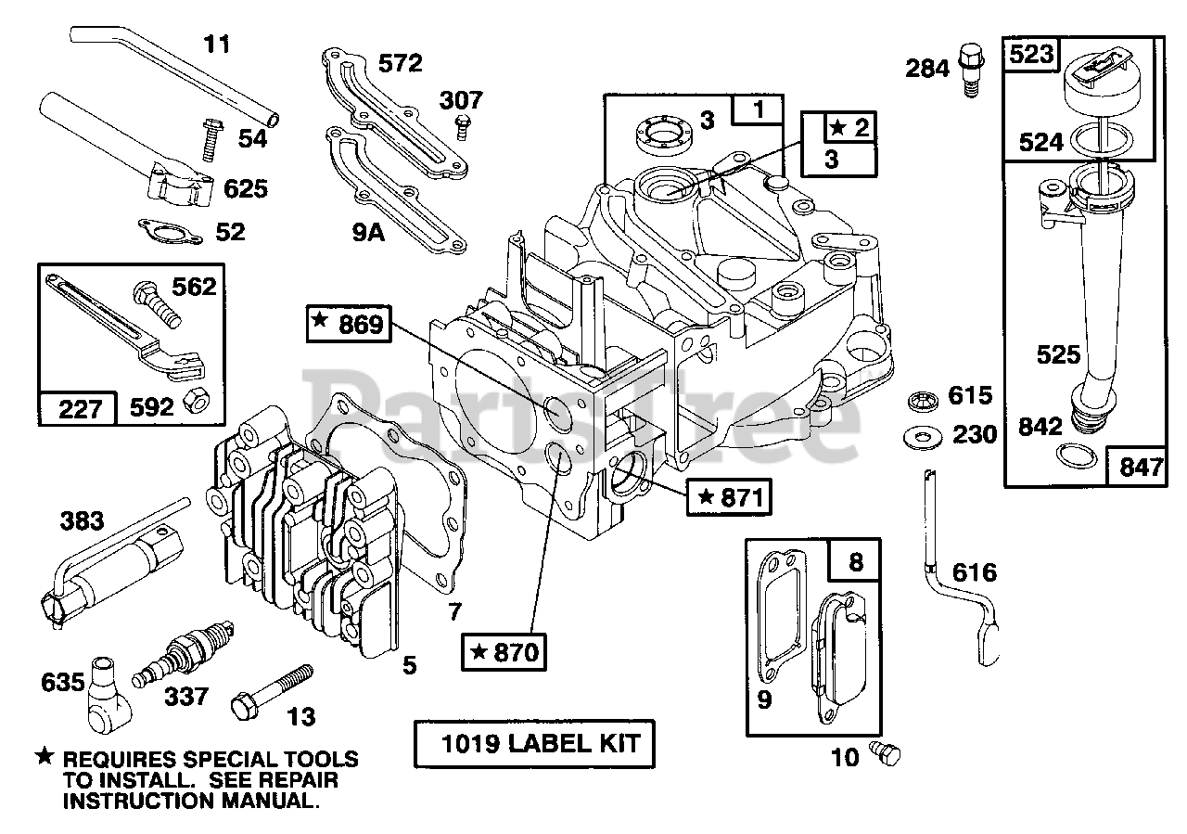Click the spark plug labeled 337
pos(183,653)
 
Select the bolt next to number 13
pos(272,692)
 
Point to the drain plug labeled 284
pos(971,70)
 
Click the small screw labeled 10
pos(885,753)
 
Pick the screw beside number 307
pos(463,127)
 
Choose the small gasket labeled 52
pos(170,232)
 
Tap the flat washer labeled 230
pos(924,438)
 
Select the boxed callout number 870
pos(504,651)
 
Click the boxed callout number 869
pos(349,324)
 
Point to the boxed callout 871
pos(729,497)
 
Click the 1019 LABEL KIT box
pos(534,743)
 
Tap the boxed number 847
pos(1137,467)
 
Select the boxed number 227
pos(77,408)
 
